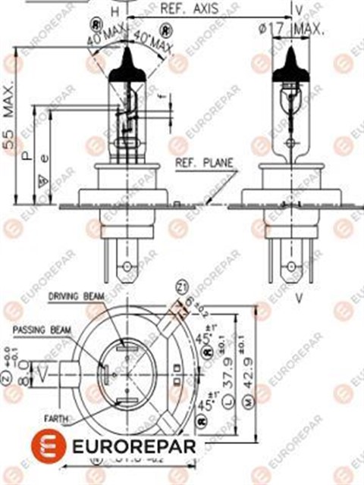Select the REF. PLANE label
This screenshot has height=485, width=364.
click(204, 163)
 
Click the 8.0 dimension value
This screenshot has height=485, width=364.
click(25, 372)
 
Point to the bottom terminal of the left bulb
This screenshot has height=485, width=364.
click(127, 265)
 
